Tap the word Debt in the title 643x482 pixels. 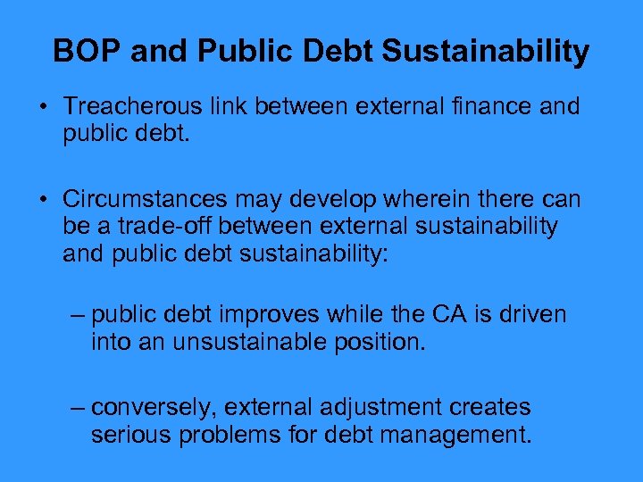pos(338,51)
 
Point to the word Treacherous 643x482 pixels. pos(130,107)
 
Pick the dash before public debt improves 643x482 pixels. pos(79,315)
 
